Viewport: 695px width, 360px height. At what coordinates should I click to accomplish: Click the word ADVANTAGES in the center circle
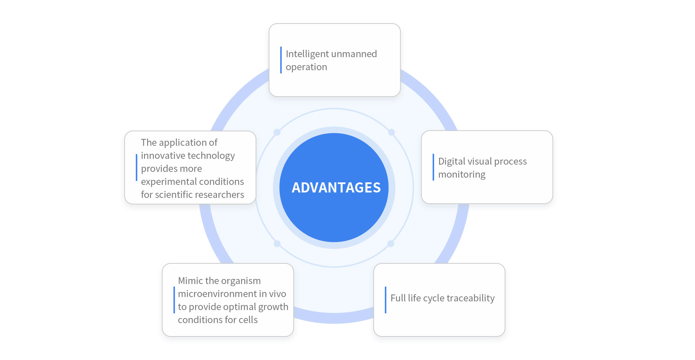coord(336,187)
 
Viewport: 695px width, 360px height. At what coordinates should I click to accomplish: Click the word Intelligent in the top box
coord(307,54)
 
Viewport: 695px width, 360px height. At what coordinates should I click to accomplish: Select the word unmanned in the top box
coord(354,54)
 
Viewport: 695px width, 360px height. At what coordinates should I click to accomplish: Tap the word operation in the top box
coord(306,67)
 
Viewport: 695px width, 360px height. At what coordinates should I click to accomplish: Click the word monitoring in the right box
coord(462,174)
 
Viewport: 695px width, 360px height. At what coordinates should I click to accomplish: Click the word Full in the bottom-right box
coord(398,298)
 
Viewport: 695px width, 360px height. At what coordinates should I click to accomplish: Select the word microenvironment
coord(217,294)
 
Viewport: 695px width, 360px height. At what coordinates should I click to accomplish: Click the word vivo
coord(278,294)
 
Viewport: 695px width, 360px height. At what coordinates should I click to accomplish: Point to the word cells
coord(248,320)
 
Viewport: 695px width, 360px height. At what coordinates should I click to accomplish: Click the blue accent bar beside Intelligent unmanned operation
coord(281,60)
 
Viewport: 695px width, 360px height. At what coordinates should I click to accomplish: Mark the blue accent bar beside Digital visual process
coord(433,167)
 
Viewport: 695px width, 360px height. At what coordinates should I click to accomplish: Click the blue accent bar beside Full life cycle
coord(386,300)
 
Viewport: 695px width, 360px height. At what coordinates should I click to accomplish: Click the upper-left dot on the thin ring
coord(277,132)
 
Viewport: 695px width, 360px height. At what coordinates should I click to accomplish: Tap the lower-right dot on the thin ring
coord(391,243)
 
